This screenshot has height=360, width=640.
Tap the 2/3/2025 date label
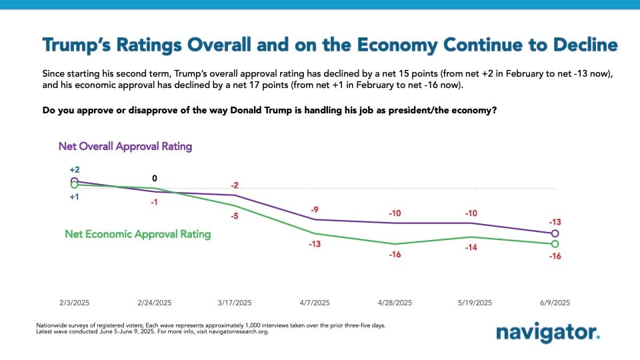click(x=74, y=302)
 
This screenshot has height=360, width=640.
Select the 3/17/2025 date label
click(x=235, y=302)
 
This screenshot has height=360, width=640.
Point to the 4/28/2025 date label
click(x=395, y=302)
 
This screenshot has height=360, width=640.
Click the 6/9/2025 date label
click(x=555, y=302)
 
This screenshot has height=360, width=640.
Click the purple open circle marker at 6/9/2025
click(x=555, y=233)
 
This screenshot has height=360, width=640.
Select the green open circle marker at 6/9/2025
click(x=555, y=244)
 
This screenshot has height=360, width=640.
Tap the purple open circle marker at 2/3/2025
click(x=74, y=181)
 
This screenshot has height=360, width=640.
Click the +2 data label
click(x=74, y=170)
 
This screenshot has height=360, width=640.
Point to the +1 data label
click(x=74, y=197)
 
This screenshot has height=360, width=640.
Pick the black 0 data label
click(x=155, y=178)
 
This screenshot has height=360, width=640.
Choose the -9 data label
click(x=315, y=210)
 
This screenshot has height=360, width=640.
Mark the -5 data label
click(x=235, y=216)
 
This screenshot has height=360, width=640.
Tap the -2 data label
click(x=235, y=185)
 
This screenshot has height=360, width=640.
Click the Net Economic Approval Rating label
click(x=137, y=234)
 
